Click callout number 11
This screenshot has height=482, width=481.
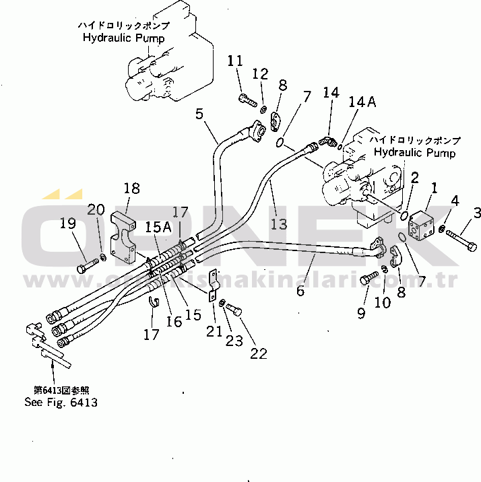pyautogui.click(x=234, y=61)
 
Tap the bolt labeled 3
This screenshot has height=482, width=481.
pyautogui.click(x=461, y=237)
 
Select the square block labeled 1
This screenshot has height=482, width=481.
pyautogui.click(x=423, y=223)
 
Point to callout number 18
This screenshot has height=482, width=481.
pyautogui.click(x=131, y=188)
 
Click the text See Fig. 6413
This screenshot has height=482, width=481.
pyautogui.click(x=61, y=403)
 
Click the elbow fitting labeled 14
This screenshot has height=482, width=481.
pyautogui.click(x=327, y=141)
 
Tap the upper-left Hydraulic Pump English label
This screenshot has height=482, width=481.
pyautogui.click(x=123, y=38)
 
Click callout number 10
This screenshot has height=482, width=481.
pyautogui.click(x=382, y=302)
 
